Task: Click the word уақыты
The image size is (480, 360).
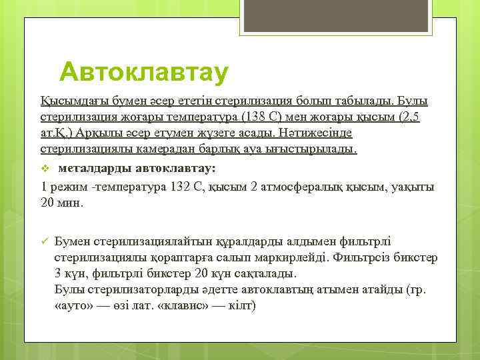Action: [x=412, y=187]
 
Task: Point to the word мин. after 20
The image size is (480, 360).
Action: [x=71, y=203]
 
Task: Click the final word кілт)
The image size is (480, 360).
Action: [x=241, y=306]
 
